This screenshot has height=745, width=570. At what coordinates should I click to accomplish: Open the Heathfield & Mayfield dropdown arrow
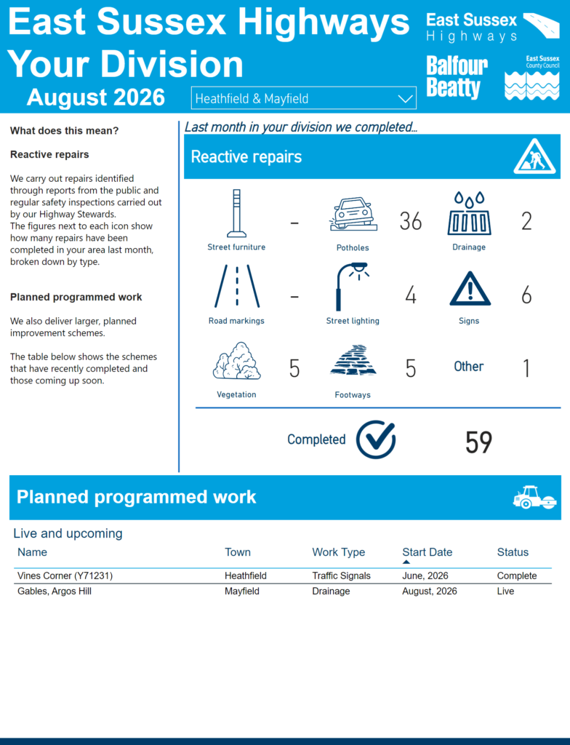click(x=405, y=99)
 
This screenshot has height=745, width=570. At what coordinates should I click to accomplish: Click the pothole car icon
click(x=353, y=215)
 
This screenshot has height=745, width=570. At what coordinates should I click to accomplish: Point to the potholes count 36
click(x=410, y=221)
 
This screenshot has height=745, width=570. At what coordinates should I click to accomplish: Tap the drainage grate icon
click(x=469, y=213)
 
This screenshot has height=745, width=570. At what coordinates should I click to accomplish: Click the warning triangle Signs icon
click(x=470, y=288)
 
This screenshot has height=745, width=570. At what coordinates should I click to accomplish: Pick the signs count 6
click(x=526, y=295)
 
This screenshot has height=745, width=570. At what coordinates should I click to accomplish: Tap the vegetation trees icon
click(x=236, y=361)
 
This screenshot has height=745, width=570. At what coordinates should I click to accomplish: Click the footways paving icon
click(x=353, y=362)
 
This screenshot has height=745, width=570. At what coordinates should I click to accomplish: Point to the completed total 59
click(x=478, y=442)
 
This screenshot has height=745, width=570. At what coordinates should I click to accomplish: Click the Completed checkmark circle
click(x=376, y=439)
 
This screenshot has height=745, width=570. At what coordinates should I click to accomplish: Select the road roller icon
click(x=535, y=498)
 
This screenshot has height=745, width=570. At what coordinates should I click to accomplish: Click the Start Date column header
click(x=427, y=552)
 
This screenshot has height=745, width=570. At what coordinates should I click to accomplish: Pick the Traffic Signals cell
click(x=341, y=576)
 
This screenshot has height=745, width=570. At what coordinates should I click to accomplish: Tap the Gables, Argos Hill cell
click(x=55, y=591)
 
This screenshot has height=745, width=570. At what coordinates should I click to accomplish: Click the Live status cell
click(x=505, y=591)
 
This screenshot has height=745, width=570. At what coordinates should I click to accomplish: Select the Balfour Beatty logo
click(x=457, y=77)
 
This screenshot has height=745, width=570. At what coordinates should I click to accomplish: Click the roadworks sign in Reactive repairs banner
click(x=534, y=156)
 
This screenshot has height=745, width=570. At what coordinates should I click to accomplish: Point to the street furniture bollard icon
click(x=236, y=213)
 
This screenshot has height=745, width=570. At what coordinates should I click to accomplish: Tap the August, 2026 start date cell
click(x=430, y=591)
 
